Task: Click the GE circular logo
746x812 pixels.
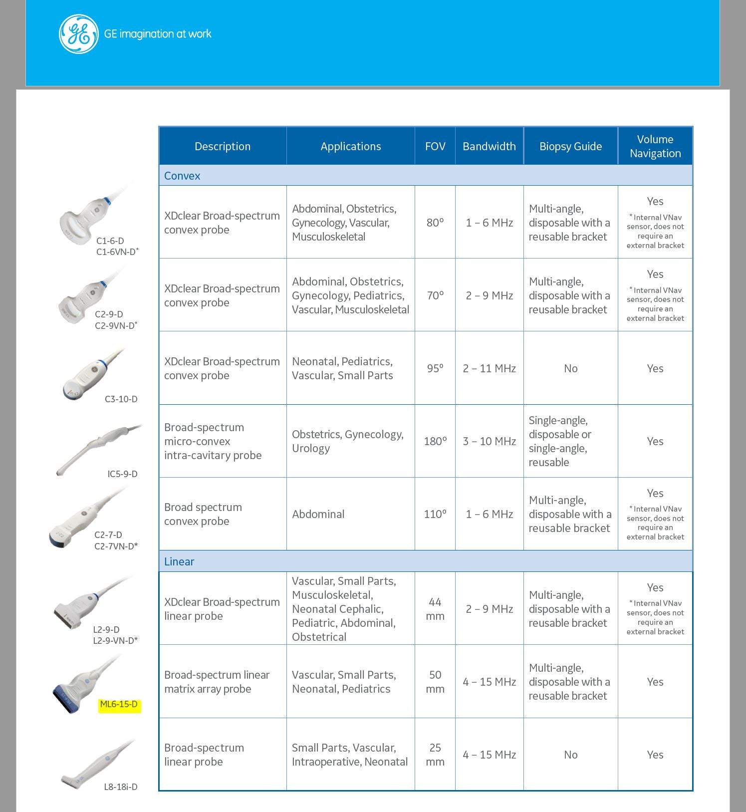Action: [78, 34]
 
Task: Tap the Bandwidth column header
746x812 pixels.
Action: [489, 146]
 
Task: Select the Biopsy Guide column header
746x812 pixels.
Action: [570, 146]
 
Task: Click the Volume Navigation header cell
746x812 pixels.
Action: [655, 146]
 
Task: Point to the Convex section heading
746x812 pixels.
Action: [182, 176]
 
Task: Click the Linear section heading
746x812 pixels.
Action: [179, 561]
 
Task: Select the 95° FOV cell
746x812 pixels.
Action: [435, 368]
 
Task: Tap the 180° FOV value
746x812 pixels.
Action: [435, 441]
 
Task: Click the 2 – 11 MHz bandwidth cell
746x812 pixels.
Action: [489, 368]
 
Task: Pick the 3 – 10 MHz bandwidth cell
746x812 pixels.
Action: [489, 441]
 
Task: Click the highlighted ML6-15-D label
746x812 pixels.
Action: [119, 704]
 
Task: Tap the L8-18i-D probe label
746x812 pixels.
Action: [120, 787]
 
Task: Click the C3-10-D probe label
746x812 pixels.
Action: [121, 399]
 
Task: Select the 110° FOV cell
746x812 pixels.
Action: [435, 514]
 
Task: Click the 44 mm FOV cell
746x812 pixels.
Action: [435, 609]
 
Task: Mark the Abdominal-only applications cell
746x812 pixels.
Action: [318, 514]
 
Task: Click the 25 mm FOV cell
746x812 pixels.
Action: [435, 755]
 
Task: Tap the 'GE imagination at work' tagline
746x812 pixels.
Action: [158, 34]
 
